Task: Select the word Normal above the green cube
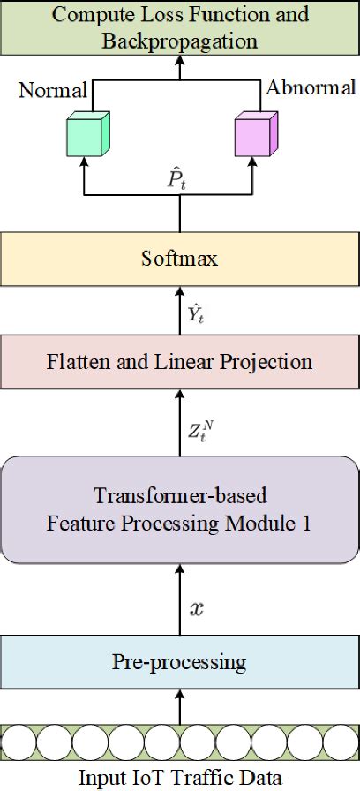point(53,89)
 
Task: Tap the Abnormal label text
point(311,87)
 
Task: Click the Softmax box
point(180,260)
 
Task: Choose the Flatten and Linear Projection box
point(180,361)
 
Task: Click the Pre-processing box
point(180,661)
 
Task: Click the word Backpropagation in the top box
point(180,41)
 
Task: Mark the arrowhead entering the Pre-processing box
point(180,633)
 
